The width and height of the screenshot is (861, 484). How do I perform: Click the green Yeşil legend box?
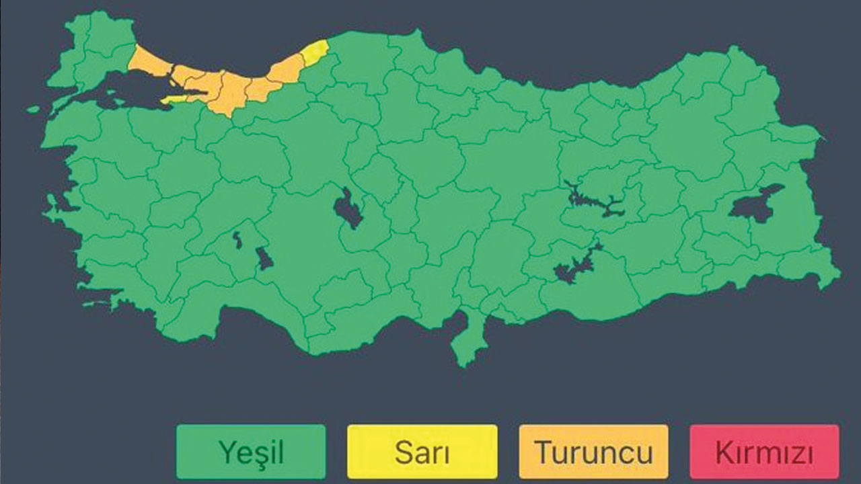(x=250, y=451)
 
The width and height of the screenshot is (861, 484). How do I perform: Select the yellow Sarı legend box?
(x=422, y=451)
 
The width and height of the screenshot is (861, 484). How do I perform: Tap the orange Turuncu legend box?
(x=593, y=451)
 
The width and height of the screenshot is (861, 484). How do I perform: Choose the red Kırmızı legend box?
(x=764, y=451)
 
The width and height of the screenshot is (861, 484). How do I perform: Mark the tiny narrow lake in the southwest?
(x=237, y=239)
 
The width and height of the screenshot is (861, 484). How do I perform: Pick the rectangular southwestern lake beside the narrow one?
(x=264, y=257)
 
